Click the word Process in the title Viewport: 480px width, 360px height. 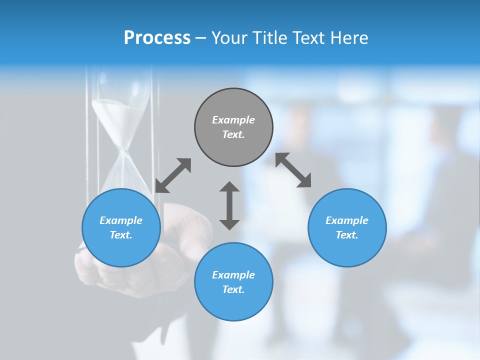[x=157, y=38]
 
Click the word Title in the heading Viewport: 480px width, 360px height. [x=269, y=38]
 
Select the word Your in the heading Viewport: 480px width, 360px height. [x=229, y=38]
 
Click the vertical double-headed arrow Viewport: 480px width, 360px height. [x=229, y=205]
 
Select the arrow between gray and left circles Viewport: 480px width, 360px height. [x=173, y=175]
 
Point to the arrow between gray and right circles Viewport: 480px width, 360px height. [x=293, y=170]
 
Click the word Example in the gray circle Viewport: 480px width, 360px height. [x=233, y=120]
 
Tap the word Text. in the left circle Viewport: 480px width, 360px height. [x=121, y=235]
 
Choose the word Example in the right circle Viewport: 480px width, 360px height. [x=347, y=220]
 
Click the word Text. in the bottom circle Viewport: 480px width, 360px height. [x=233, y=289]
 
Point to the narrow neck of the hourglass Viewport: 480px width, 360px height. [x=122, y=148]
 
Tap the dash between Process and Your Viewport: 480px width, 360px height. [x=200, y=38]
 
